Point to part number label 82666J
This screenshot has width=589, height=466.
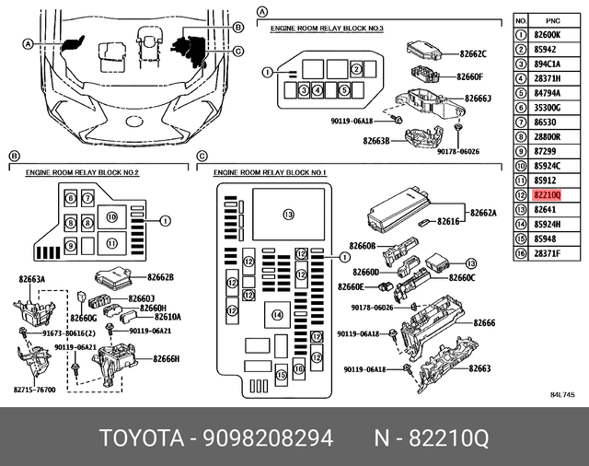click(478, 99)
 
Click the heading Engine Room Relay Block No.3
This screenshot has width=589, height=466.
click(327, 29)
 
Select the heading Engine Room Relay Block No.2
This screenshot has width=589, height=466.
click(82, 172)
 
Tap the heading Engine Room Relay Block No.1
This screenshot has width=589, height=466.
click(270, 172)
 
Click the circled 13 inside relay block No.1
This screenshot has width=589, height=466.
click(288, 215)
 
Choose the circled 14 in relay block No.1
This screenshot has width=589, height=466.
click(276, 316)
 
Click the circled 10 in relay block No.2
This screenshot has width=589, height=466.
click(112, 217)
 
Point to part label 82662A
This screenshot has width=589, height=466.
click(483, 213)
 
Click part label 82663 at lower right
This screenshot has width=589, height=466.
click(479, 368)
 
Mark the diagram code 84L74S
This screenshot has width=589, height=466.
click(562, 395)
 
